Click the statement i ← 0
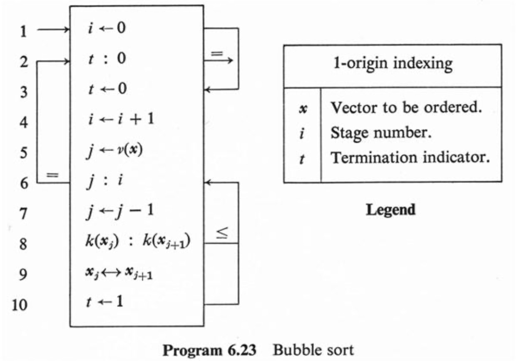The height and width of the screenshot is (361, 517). (107, 28)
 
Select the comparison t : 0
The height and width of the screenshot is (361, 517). (107, 58)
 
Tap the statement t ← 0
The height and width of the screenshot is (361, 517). (108, 89)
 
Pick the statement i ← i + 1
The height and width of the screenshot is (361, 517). (121, 120)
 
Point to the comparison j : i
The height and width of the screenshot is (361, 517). (105, 182)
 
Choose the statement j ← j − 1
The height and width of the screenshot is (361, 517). (120, 212)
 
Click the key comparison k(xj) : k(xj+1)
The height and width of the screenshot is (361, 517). (138, 241)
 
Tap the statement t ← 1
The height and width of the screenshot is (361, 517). (105, 302)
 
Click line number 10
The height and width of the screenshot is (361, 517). (20, 305)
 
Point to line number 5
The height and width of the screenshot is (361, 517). (24, 152)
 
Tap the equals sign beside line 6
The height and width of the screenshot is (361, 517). (52, 175)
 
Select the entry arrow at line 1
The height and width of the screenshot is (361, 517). (54, 30)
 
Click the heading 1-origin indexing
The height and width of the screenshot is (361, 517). (393, 64)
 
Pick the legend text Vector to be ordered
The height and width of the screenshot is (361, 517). (406, 107)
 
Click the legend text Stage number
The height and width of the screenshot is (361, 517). (381, 133)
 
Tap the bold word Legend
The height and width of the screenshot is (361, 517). (391, 210)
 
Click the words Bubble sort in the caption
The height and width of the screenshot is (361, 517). (313, 350)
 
